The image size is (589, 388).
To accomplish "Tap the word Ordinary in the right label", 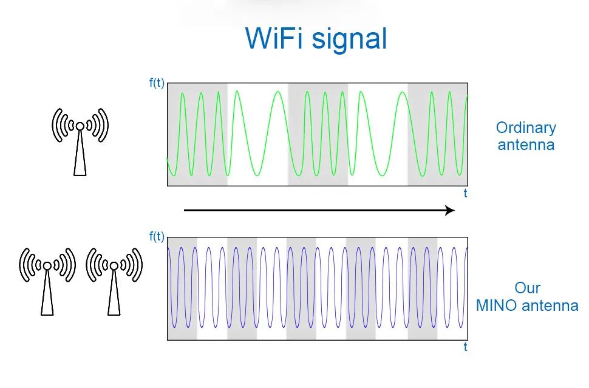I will coord(526,128).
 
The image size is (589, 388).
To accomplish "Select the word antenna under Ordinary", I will coord(526,145).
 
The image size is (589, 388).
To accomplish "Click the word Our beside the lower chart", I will coord(527,288).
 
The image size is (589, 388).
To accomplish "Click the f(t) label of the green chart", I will coord(157,83).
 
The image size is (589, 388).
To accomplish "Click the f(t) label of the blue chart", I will coord(157,237).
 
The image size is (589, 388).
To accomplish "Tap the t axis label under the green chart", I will coord(465,194).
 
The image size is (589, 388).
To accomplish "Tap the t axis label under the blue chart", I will coord(465,347).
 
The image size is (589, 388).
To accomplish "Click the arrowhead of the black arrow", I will coord(450,210).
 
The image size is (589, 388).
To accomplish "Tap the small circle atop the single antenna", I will coord(80,126).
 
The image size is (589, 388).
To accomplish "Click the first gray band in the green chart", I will coord(197,134).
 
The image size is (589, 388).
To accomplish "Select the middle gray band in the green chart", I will coord(318,134).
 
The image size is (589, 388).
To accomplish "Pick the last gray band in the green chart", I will coord(437,134).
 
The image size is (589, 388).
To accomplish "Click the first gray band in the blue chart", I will coord(182,288).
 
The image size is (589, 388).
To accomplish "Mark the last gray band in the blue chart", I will coord(423,288).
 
